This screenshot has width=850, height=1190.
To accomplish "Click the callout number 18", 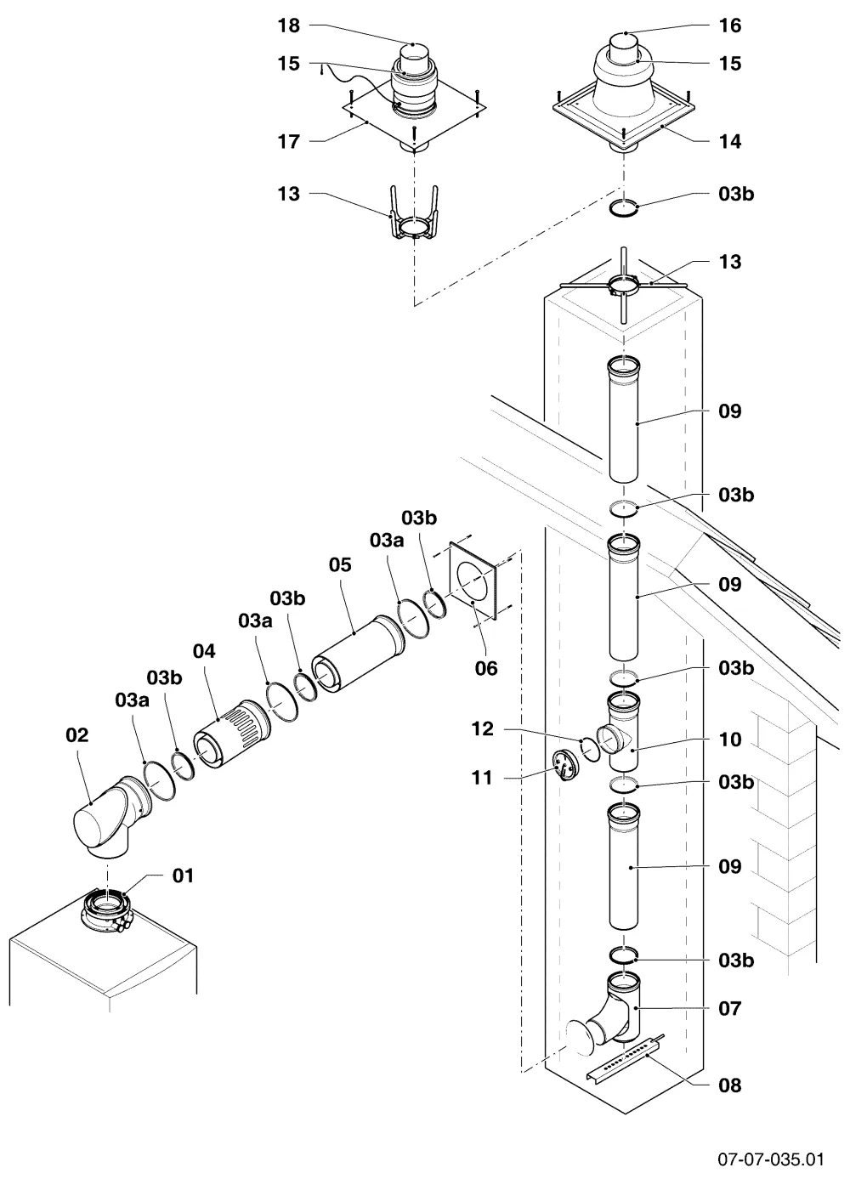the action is (288, 25).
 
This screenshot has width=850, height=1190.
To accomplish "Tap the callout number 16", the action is (730, 25).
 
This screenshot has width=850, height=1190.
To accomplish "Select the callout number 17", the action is (288, 142).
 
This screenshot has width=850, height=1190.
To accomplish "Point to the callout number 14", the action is (730, 142).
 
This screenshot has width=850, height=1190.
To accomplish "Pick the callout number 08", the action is (730, 1085).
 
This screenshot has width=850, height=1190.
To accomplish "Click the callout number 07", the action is (730, 1008).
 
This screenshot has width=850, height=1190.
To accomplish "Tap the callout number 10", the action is (730, 739).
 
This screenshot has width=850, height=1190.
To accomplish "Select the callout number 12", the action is (483, 729).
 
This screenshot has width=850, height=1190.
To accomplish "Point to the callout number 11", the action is (483, 778).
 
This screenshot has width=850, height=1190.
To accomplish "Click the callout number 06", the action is (486, 668).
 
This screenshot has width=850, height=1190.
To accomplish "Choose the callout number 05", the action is (340, 564).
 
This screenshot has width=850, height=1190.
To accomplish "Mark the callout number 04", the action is (204, 651).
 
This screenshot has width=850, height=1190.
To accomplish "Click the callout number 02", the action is (77, 735).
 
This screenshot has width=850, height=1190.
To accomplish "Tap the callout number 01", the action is (184, 875).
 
